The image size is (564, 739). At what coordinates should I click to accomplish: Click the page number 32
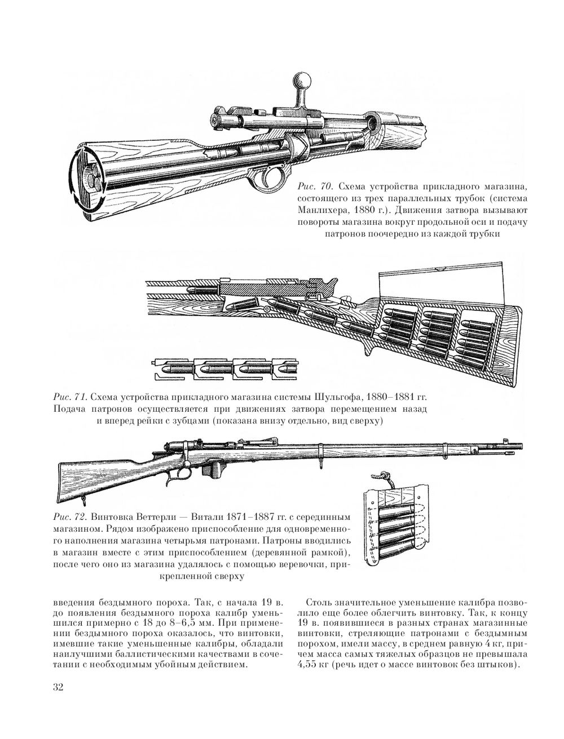click(x=58, y=687)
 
